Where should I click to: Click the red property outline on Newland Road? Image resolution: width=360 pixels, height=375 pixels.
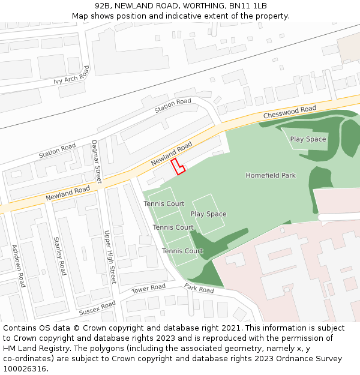click(x=178, y=167)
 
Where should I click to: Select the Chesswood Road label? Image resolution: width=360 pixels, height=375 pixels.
click(x=289, y=112)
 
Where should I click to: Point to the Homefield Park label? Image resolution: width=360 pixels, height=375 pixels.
click(x=271, y=176)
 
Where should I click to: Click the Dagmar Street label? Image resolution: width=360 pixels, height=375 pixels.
click(x=96, y=161)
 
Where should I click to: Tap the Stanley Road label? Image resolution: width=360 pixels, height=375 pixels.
click(x=60, y=256)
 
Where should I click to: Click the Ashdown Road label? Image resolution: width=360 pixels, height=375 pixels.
click(x=19, y=266)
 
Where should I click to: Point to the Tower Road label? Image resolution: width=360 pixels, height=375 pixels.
click(x=148, y=289)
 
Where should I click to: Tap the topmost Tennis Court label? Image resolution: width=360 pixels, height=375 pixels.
click(x=164, y=204)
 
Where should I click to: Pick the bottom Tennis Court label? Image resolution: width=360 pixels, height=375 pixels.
click(x=182, y=251)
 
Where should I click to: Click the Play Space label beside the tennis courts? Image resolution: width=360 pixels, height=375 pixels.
click(x=208, y=214)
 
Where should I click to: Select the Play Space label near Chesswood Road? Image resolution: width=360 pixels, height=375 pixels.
click(x=308, y=139)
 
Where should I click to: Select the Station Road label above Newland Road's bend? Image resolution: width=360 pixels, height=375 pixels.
click(x=172, y=106)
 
